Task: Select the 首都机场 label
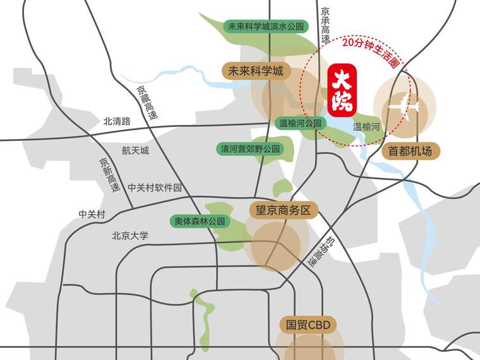pyautogui.click(x=411, y=151)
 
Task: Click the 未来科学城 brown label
pyautogui.click(x=256, y=71)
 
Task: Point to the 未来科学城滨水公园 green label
pyautogui.click(x=266, y=27)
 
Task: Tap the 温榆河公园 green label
pyautogui.click(x=300, y=124)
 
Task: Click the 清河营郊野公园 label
pyautogui.click(x=249, y=150)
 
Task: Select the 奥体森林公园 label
pyautogui.click(x=200, y=221)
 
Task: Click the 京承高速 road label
pyautogui.click(x=326, y=25)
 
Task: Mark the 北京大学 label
pyautogui.click(x=130, y=236)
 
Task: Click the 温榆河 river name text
pyautogui.click(x=366, y=127)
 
